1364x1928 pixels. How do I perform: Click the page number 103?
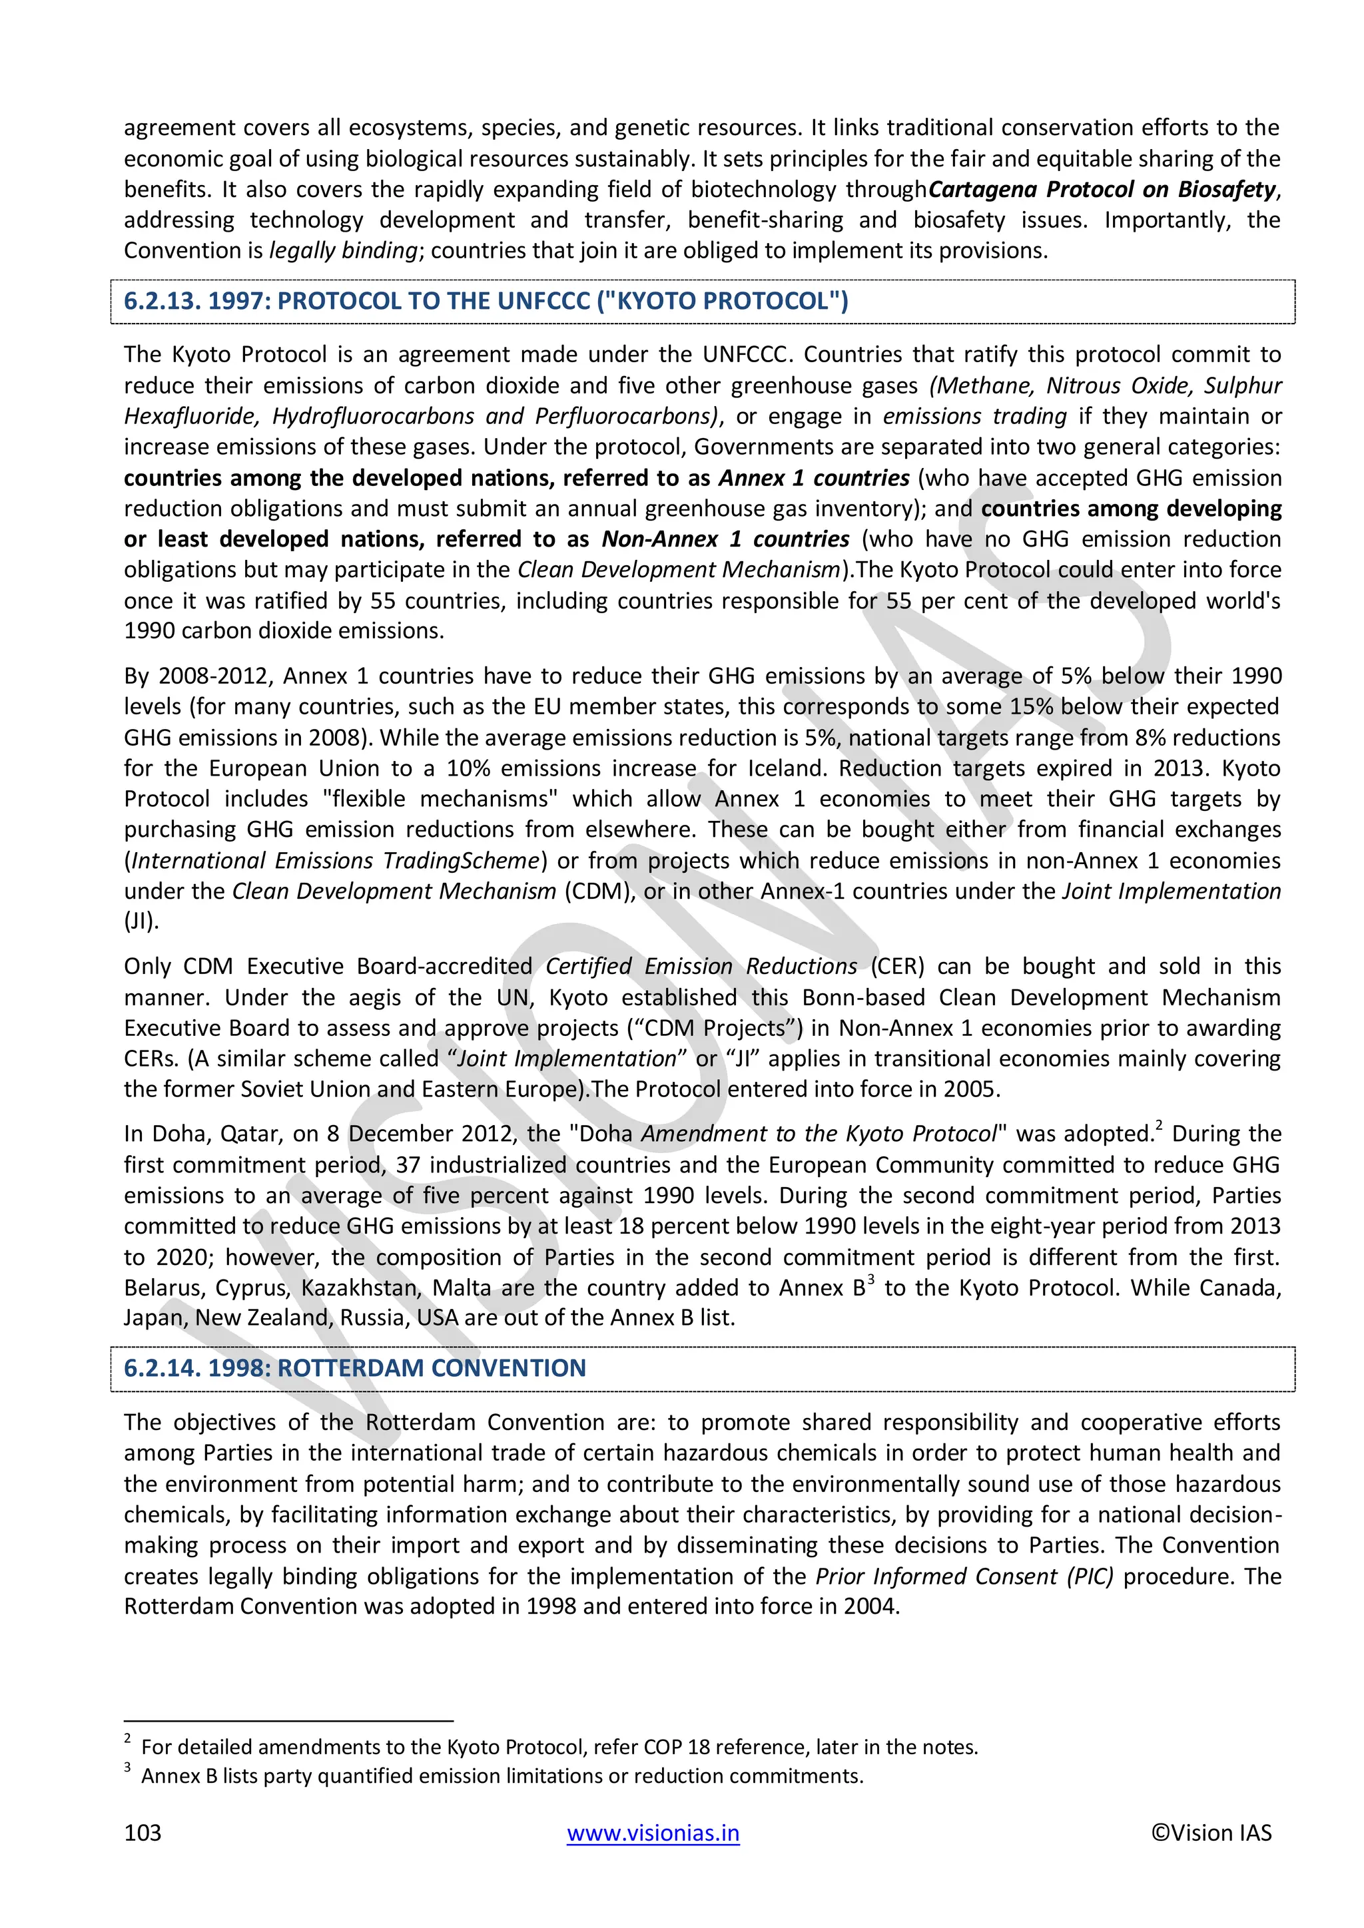click(142, 1833)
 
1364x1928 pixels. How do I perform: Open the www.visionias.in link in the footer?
click(653, 1833)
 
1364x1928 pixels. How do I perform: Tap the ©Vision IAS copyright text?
click(1211, 1833)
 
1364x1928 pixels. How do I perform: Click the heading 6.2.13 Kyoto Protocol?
click(486, 301)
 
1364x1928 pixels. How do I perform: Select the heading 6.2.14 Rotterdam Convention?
click(354, 1368)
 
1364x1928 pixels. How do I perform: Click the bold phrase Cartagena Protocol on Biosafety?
click(1102, 190)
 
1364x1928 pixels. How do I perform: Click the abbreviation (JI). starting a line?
click(141, 921)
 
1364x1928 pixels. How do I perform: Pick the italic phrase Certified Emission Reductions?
click(701, 967)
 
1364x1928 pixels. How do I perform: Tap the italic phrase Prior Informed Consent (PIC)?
click(964, 1576)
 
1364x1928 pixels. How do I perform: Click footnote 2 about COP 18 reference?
click(559, 1747)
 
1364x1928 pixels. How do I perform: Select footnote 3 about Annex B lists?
click(502, 1776)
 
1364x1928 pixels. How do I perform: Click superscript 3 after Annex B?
click(871, 1280)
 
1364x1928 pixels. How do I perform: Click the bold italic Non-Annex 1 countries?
click(725, 539)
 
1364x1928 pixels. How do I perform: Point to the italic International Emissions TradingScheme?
click(335, 861)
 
